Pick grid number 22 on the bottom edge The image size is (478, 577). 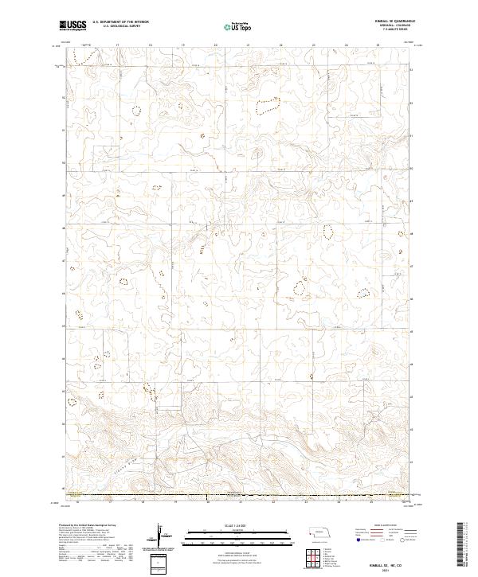pyautogui.click(x=272, y=502)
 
